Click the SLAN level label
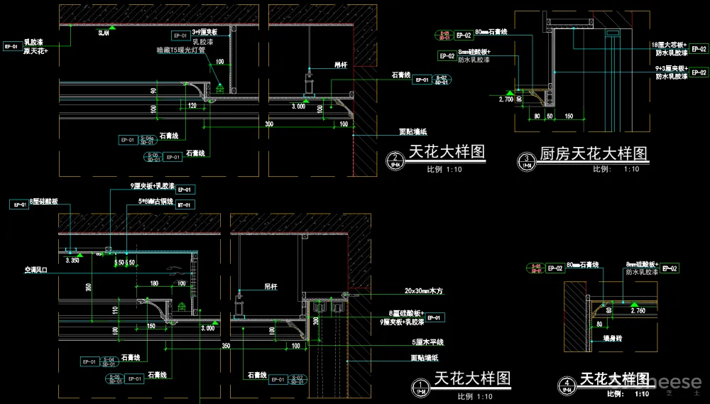(x=104, y=33)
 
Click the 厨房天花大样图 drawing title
(x=594, y=154)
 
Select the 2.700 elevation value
(x=506, y=99)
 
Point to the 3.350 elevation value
(x=71, y=261)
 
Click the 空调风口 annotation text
(x=35, y=270)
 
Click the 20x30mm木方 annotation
(x=422, y=290)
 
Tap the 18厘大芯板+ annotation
(x=670, y=45)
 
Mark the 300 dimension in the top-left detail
(x=268, y=124)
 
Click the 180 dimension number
(x=153, y=283)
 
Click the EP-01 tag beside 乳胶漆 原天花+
(x=11, y=47)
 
